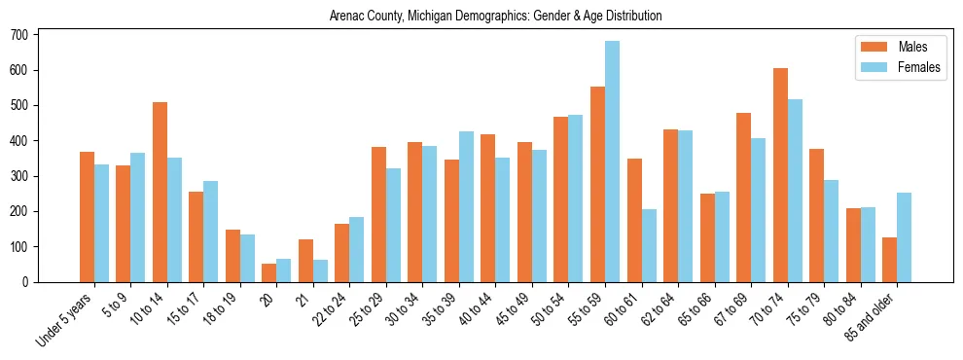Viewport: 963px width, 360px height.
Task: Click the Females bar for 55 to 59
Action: [x=613, y=162]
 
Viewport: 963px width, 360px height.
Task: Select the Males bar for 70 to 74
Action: [x=780, y=175]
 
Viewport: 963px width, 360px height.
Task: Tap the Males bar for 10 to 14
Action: [x=160, y=192]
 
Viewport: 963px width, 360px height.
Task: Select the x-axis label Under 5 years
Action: [x=66, y=319]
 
